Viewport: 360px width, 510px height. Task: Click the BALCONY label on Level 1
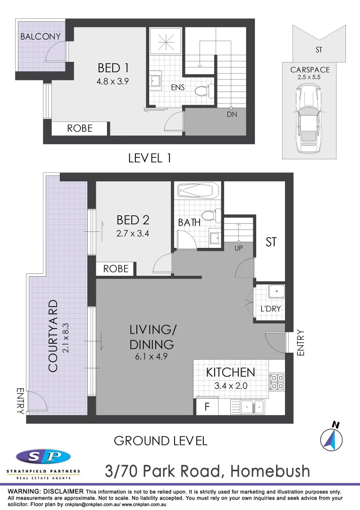41,36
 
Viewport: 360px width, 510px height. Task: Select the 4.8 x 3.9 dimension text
112,81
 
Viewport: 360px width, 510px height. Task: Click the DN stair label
231,115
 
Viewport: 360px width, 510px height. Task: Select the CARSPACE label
310,70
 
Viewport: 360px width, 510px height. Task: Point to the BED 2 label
133,220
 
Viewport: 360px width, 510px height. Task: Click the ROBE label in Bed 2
116,269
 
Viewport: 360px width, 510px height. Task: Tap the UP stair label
238,248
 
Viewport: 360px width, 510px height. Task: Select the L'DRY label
271,309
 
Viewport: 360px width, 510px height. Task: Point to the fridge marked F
207,406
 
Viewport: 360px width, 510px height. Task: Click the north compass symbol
331,439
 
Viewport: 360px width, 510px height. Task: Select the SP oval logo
43,457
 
